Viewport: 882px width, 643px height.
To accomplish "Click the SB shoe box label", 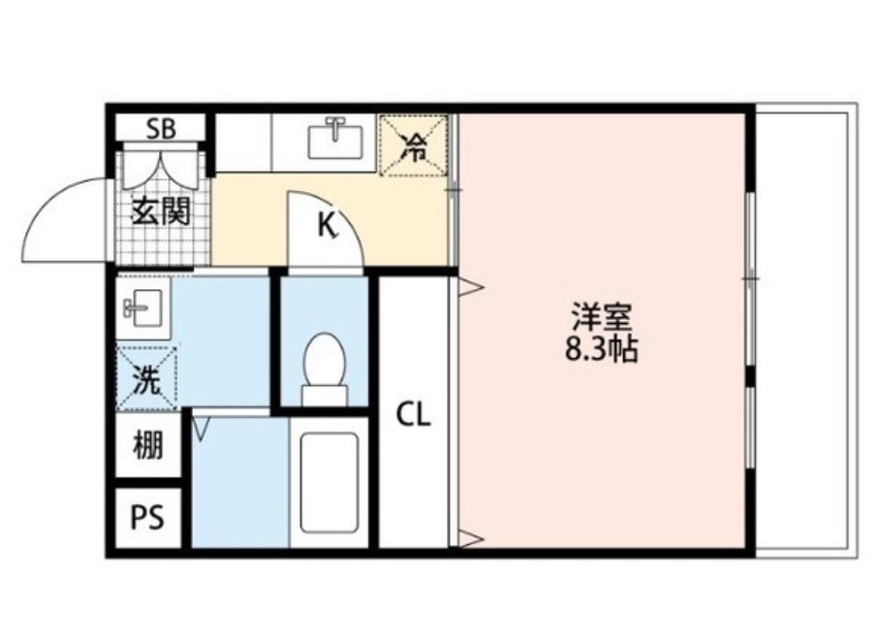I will pos(161,129).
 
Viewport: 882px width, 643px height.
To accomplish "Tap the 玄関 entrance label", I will pos(160,210).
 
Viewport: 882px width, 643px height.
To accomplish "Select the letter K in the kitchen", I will pos(328,226).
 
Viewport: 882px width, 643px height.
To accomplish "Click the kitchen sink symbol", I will pos(335,139).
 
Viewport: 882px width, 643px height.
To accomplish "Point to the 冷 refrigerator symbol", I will pos(414,146).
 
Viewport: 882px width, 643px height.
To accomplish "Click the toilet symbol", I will pos(323,370).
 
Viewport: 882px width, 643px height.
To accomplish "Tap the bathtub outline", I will pos(329,481).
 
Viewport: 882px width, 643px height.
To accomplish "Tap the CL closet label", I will pos(412,415).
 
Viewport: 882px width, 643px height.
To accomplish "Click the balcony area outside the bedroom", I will pos(803,330).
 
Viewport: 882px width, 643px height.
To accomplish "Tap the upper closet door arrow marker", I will pos(469,286).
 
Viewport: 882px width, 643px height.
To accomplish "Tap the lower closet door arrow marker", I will pos(469,539).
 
